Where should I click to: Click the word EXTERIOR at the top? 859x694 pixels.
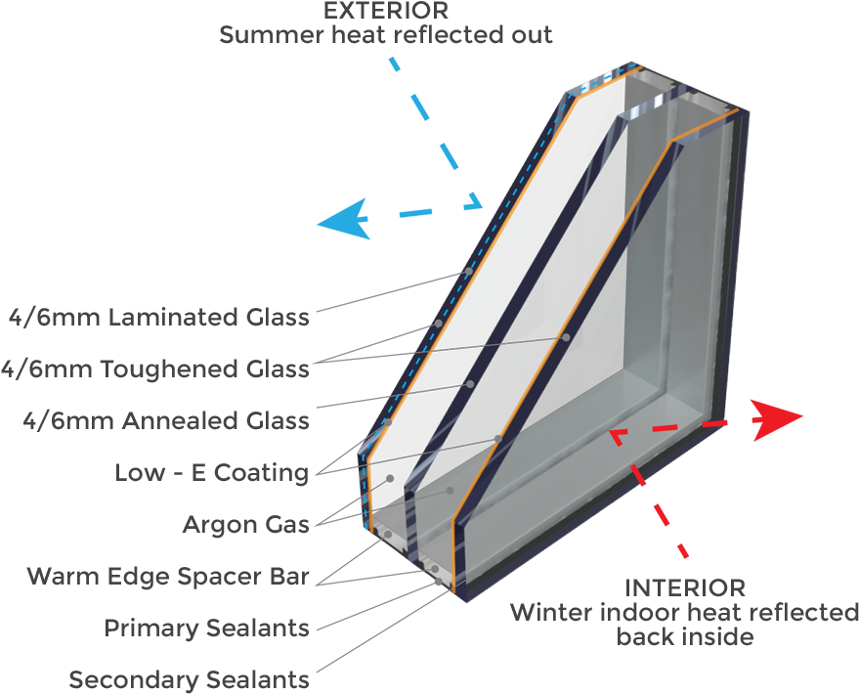[386, 11]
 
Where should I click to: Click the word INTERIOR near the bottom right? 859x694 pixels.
[684, 587]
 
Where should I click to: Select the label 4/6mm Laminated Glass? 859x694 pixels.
[157, 318]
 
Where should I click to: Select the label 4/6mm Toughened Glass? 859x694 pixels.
[154, 369]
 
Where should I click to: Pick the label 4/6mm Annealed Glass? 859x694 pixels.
[166, 421]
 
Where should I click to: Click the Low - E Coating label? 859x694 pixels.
[211, 473]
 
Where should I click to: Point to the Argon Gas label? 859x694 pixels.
[245, 525]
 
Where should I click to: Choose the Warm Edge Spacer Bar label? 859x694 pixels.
[168, 576]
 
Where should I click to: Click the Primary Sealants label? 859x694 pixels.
[206, 628]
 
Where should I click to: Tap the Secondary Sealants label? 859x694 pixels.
[189, 679]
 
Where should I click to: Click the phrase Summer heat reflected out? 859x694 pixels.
[386, 35]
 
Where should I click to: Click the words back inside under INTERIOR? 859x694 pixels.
[684, 637]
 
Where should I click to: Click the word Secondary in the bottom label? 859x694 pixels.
[133, 679]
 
